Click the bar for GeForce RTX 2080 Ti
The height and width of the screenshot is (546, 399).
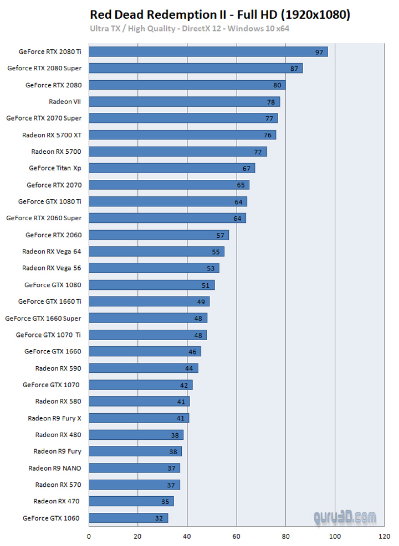[x=208, y=51]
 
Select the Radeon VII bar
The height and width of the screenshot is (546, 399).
[x=184, y=101]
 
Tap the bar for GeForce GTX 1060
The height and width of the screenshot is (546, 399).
[x=128, y=518]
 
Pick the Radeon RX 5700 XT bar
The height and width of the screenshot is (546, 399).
[x=182, y=134]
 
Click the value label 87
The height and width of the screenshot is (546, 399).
[x=294, y=69]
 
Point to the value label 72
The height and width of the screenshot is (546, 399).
[x=258, y=152]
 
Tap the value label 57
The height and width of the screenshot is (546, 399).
[x=221, y=235]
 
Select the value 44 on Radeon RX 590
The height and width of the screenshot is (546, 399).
[x=189, y=368]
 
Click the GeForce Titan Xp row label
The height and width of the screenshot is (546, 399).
[x=55, y=168]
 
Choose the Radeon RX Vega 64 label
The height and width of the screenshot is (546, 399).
[x=52, y=251]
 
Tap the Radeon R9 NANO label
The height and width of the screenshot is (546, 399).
[x=55, y=468]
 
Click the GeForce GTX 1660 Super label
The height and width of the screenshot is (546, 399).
[x=43, y=318]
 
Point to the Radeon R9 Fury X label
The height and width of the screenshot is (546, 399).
[x=54, y=418]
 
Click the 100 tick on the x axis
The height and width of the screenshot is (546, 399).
[x=335, y=536]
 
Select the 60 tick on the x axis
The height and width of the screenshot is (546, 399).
[x=237, y=536]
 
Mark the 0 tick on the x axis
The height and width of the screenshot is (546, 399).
[x=89, y=536]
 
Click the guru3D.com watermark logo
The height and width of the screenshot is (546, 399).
[x=344, y=518]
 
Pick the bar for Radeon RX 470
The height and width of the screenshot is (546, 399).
[x=131, y=501]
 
